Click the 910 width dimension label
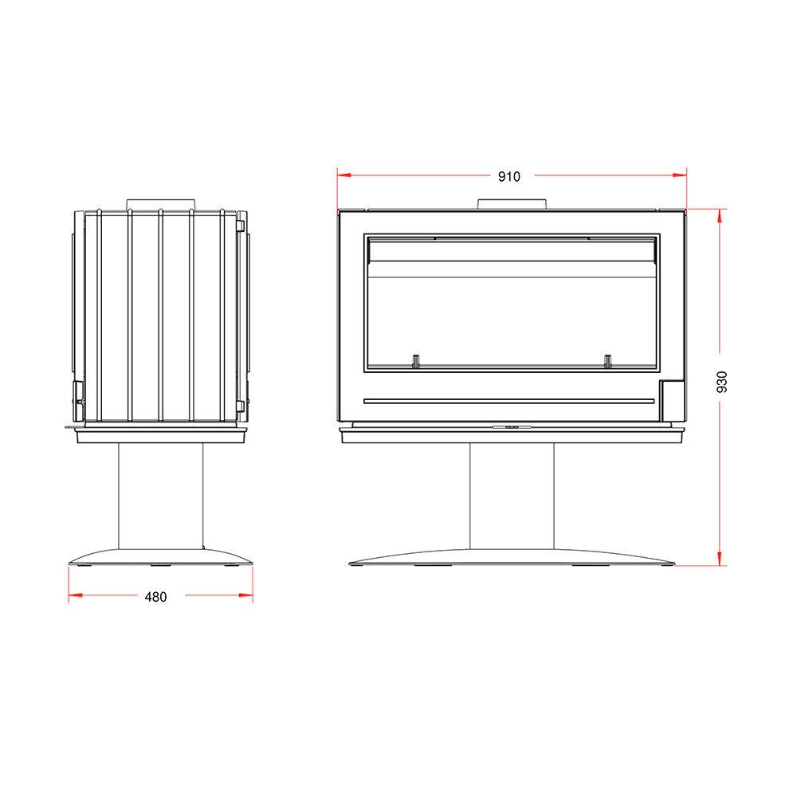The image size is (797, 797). coord(508,176)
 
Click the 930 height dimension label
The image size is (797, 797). coord(722,382)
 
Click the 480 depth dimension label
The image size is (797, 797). coord(155,597)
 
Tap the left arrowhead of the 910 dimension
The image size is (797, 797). coord(344,175)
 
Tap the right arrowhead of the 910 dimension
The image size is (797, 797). coord(680,175)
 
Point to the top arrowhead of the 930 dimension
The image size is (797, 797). coord(719,215)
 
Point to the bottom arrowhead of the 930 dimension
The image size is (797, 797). coord(719,558)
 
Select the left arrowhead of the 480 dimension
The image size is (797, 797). coord(75,595)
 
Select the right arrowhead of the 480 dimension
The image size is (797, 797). coord(246,595)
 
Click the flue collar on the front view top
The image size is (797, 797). coord(512,204)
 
